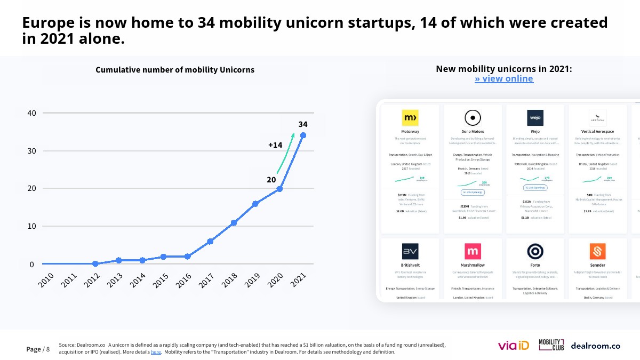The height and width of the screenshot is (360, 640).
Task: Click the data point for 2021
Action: coord(303,135)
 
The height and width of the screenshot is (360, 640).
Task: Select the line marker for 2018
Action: coord(234,222)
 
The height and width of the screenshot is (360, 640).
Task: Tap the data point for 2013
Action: coord(118,260)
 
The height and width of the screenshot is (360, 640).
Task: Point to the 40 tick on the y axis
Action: coord(31,113)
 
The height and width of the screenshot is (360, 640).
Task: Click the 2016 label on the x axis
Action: coord(184,280)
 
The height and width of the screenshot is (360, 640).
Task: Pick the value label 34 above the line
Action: coord(303,124)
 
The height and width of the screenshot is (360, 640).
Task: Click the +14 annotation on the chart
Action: coord(275,145)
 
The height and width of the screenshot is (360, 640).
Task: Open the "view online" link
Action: coord(504,79)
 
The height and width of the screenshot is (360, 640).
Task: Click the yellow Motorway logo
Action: coord(410,117)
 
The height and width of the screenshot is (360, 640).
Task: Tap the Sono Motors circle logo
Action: coord(473,117)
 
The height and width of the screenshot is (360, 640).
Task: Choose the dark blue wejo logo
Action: coord(535,117)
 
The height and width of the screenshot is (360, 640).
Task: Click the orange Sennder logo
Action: coord(597,251)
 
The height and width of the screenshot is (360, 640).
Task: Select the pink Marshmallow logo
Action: coord(473,251)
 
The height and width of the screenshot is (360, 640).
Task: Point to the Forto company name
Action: coord(535,265)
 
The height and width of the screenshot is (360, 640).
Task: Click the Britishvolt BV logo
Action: coord(410,251)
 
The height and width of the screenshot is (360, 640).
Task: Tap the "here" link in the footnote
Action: coord(156,352)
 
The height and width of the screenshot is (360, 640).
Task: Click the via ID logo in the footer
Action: coord(513,346)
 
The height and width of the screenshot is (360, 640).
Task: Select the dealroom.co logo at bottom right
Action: coord(595,346)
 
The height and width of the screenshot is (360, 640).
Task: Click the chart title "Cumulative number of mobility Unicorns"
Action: coord(175,70)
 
